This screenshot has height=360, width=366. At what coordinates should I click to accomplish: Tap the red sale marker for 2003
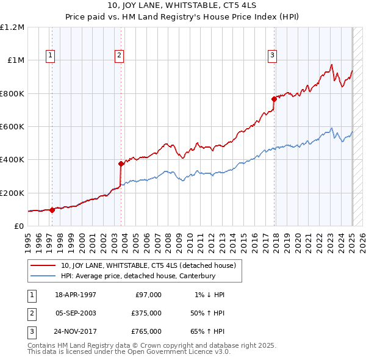coord(121,164)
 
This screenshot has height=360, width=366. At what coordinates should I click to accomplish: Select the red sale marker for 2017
coord(274,99)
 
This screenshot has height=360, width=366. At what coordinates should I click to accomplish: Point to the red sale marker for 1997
coord(52,210)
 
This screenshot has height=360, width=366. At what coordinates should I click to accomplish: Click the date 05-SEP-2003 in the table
coord(75,313)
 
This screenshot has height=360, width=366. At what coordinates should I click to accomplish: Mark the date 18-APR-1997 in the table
coord(75,295)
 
